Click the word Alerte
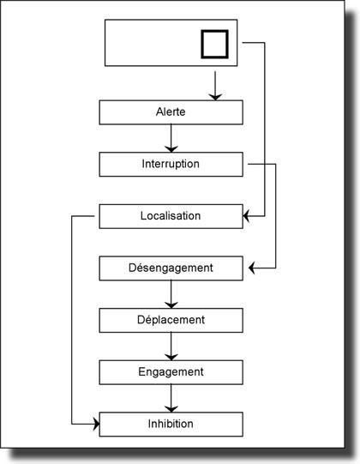[171, 112]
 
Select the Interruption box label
[171, 164]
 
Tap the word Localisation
[171, 215]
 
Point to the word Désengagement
[171, 268]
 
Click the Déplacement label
[171, 320]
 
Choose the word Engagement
[171, 371]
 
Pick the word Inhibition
[171, 424]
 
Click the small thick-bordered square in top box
[214, 44]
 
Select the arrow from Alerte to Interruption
[171, 138]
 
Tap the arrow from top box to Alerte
[214, 84]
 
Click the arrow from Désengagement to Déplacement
[171, 293]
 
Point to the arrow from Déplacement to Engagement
[171, 346]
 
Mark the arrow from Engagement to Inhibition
[171, 398]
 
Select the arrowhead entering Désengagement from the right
[253, 268]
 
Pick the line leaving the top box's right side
[265, 129]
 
